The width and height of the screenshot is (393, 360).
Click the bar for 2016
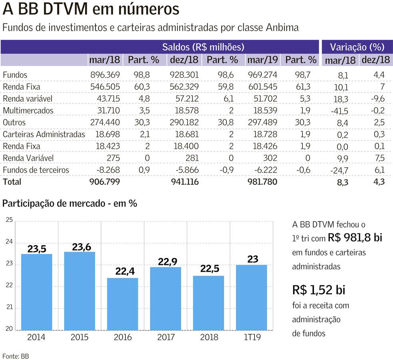[123, 304]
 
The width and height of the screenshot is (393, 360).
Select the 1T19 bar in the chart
[252, 297]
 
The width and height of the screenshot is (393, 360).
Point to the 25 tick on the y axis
[9, 220]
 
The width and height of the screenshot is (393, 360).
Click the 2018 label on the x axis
[209, 337]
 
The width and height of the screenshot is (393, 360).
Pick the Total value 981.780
[262, 182]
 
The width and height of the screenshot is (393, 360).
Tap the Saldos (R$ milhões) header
[203, 47]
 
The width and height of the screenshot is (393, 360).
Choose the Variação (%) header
[357, 47]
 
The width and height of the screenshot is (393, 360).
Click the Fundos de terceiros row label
[36, 170]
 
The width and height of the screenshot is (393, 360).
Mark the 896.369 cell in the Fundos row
[104, 75]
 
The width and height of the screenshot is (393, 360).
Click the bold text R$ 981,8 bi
[355, 238]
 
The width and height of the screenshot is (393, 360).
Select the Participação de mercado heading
[69, 203]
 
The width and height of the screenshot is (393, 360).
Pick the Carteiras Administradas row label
[44, 135]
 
